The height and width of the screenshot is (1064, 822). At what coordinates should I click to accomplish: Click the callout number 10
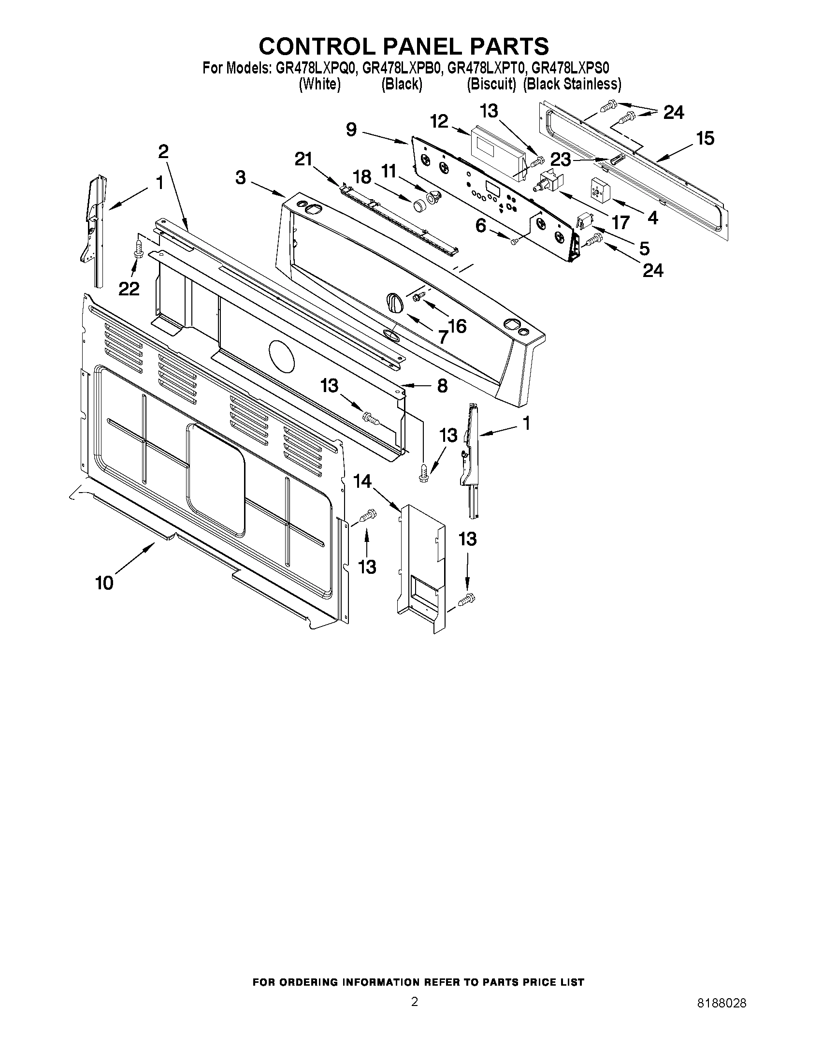point(104,582)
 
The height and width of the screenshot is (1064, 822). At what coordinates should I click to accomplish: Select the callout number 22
point(129,289)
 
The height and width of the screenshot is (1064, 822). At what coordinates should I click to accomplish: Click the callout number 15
point(705,138)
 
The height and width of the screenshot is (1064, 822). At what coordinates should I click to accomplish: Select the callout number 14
point(362,481)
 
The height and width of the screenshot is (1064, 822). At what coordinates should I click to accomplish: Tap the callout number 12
point(439,121)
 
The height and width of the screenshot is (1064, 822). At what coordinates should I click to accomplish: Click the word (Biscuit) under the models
point(491,84)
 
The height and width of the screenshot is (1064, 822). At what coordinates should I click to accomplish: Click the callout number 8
point(442,386)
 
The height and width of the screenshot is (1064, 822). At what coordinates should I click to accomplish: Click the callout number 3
point(241,178)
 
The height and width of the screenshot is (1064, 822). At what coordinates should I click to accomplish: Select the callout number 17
point(620,223)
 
